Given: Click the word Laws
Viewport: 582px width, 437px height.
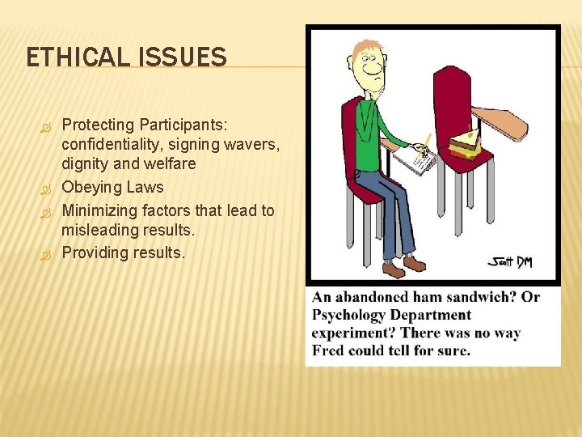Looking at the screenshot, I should coord(145,187).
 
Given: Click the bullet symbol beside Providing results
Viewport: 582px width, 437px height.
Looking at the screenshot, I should coord(46,253).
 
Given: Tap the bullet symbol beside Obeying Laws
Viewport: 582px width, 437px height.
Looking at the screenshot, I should coord(46,188).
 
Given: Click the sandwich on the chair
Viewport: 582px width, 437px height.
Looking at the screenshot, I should coord(465,145).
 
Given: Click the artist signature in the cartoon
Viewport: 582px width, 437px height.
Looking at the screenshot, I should coord(509,261).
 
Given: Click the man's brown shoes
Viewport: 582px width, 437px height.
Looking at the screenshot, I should coord(404,265).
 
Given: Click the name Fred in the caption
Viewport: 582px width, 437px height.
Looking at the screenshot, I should coord(329,350).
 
